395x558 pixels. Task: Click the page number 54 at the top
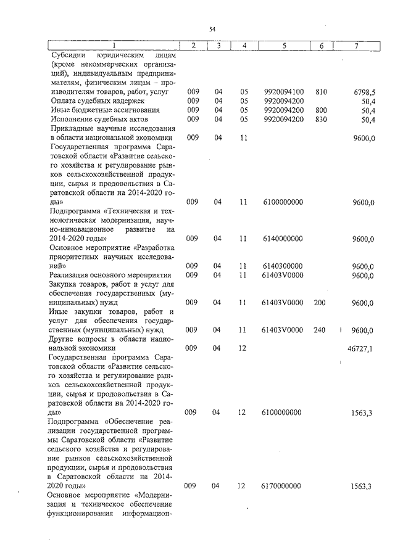[212, 29]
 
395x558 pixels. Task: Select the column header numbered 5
[284, 45]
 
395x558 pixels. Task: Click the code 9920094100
[283, 91]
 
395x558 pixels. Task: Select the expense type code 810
[320, 91]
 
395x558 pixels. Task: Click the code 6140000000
[283, 239]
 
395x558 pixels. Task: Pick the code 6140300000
[283, 266]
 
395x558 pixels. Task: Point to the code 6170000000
[283, 486]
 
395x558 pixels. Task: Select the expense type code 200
[320, 303]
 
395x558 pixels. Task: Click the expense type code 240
[320, 330]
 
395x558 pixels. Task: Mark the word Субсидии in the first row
[69, 54]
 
